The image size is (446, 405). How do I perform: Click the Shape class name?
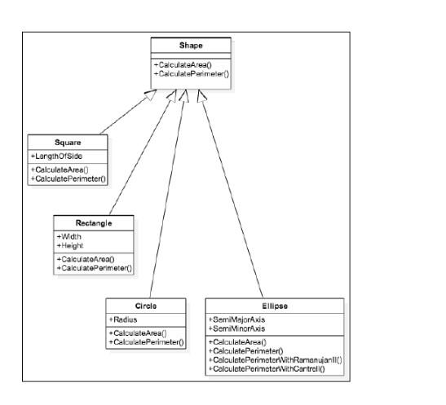tap(191, 46)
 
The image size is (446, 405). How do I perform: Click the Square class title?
tap(68, 143)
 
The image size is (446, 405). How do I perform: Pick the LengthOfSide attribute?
tap(58, 155)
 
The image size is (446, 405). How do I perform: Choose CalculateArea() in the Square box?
tap(60, 169)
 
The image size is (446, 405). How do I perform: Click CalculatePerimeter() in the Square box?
tap(68, 177)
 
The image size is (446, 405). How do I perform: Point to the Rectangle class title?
tap(94, 222)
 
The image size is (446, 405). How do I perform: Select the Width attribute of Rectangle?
tap(72, 236)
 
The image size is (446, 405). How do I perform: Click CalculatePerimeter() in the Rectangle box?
tap(95, 266)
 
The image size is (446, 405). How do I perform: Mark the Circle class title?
tap(147, 306)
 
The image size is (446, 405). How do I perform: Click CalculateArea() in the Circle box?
tap(139, 333)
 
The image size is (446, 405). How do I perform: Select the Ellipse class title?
tap(275, 306)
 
